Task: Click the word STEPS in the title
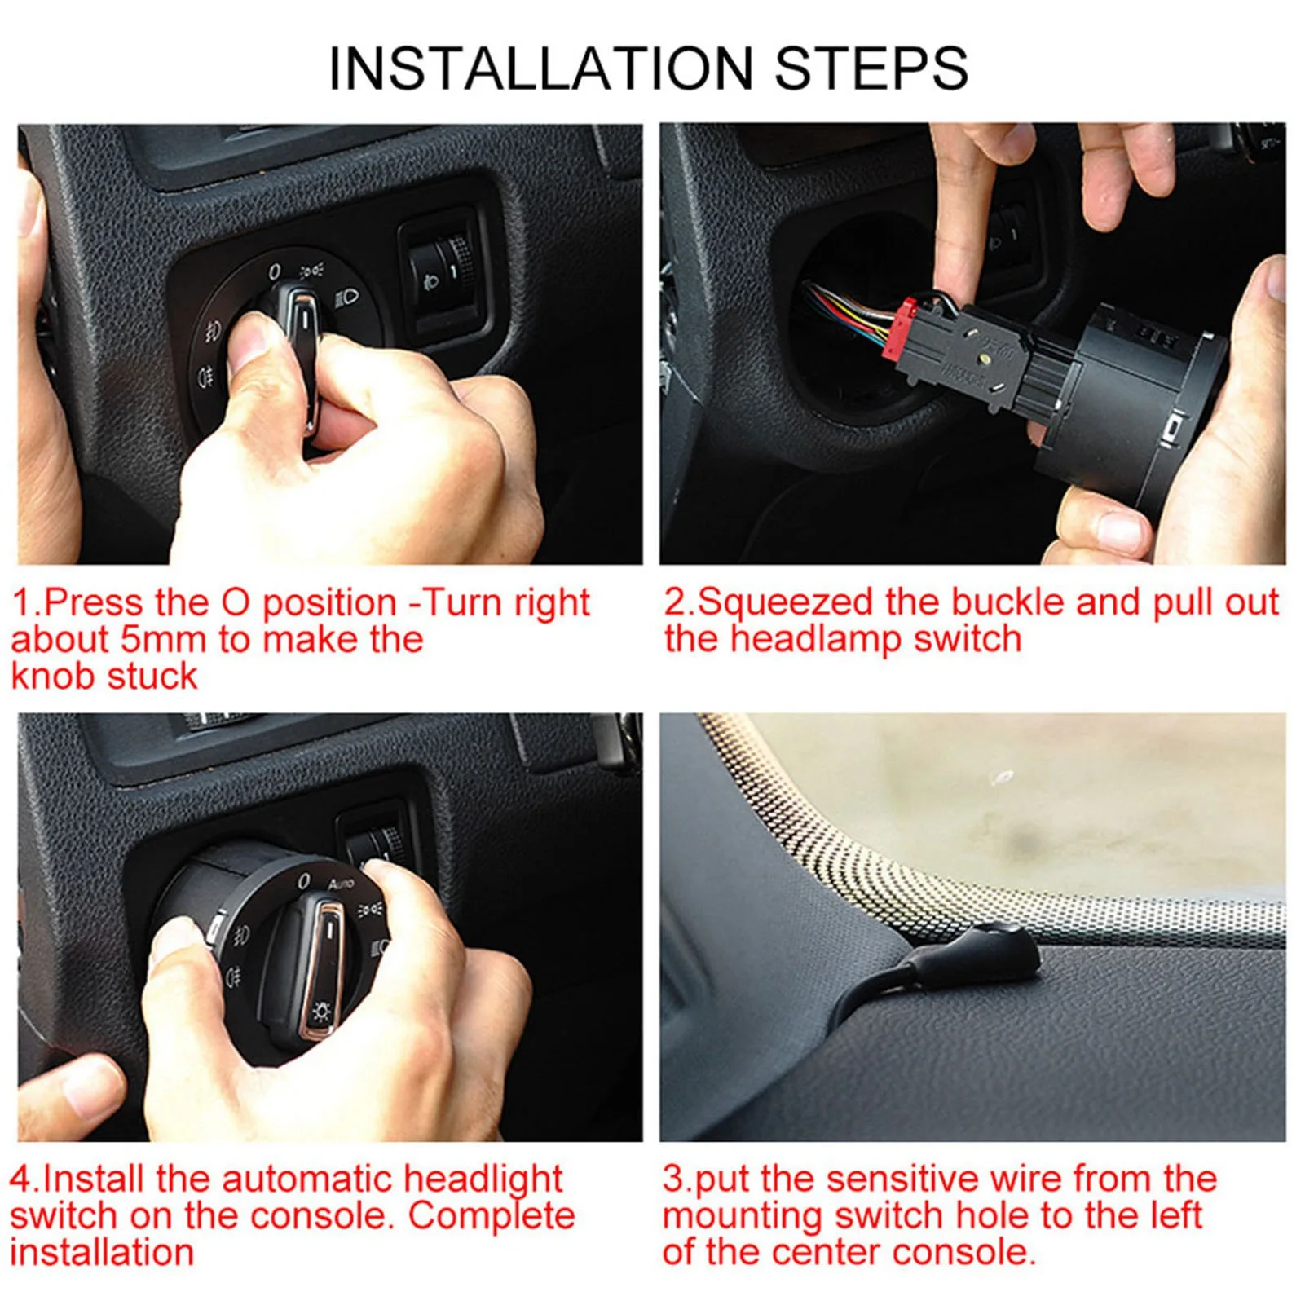(x=871, y=68)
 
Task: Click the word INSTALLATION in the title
(x=541, y=68)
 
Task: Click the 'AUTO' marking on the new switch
(x=342, y=884)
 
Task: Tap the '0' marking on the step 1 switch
(x=275, y=271)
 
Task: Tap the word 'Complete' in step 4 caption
(x=491, y=1215)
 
